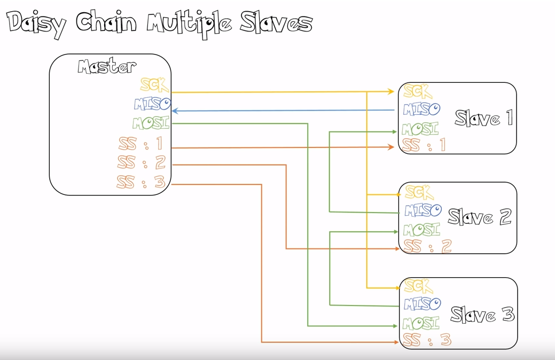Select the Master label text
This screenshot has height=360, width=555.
pyautogui.click(x=107, y=67)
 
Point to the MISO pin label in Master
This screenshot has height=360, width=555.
pyautogui.click(x=152, y=103)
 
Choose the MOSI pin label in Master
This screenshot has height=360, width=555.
pyautogui.click(x=151, y=123)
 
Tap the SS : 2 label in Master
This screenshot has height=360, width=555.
pyautogui.click(x=142, y=162)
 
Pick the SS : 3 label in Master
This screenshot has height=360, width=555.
pyautogui.click(x=142, y=182)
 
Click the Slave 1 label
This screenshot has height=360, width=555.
pyautogui.click(x=483, y=118)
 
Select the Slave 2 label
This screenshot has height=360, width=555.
pyautogui.click(x=479, y=217)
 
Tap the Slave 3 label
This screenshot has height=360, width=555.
pyautogui.click(x=482, y=314)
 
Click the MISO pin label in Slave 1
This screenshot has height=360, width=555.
pyautogui.click(x=422, y=109)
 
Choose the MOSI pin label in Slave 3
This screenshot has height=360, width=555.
pyautogui.click(x=421, y=323)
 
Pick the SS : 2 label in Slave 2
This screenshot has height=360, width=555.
pyautogui.click(x=428, y=246)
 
